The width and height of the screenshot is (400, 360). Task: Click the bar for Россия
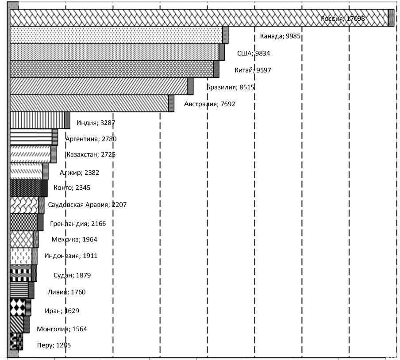click(199, 18)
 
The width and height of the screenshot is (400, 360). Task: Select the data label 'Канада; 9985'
click(281, 36)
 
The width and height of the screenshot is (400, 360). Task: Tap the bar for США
click(115, 52)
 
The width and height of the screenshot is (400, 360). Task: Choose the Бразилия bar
click(100, 86)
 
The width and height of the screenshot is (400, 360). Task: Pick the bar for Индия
click(38, 120)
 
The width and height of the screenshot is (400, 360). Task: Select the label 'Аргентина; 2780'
click(91, 139)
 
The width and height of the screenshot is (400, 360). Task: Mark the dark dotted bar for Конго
click(27, 188)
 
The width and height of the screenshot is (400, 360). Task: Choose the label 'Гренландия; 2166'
click(78, 223)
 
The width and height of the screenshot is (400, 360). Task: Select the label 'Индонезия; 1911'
click(71, 256)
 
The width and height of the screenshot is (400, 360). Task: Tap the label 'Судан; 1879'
click(67, 275)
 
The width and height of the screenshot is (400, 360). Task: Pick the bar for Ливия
click(20, 290)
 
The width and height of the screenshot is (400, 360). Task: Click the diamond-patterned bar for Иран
click(19, 306)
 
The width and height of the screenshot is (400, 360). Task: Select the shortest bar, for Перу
click(15, 341)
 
